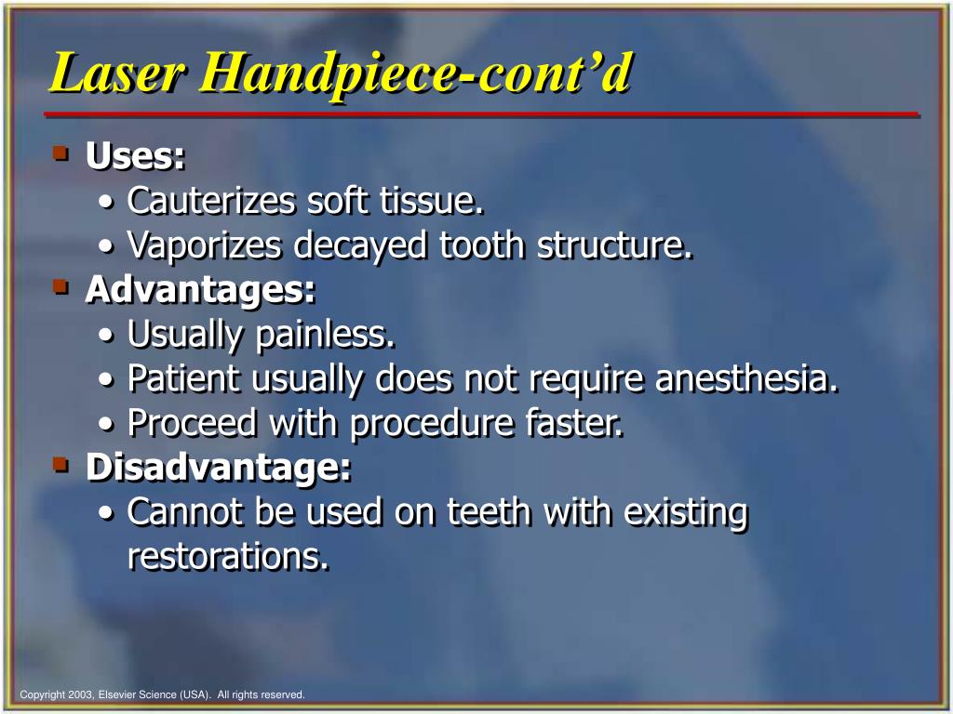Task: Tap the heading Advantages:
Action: (x=201, y=289)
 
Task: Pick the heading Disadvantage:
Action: (x=219, y=468)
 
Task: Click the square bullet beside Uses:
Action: (x=61, y=153)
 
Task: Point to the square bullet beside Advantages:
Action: (x=61, y=287)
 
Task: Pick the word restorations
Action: (x=228, y=556)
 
